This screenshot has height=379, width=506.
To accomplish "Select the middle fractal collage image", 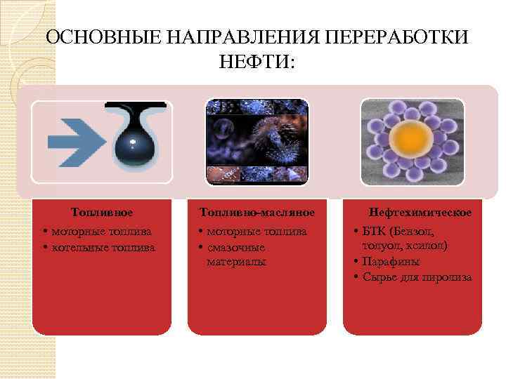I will (x=257, y=141).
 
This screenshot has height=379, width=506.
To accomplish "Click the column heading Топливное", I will (x=102, y=211).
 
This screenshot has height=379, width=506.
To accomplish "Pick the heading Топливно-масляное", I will (x=257, y=211).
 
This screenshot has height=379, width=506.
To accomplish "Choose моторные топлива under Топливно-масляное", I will (x=257, y=231).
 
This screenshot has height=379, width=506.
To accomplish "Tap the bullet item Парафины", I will (x=391, y=262).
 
